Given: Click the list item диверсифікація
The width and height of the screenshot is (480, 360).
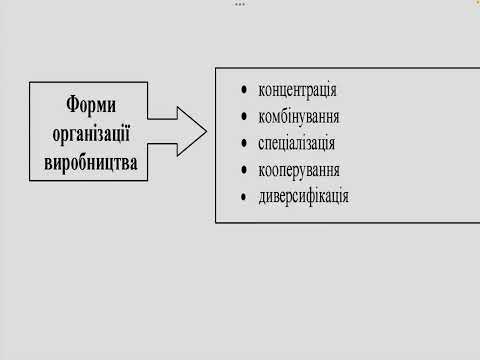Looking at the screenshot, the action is click(x=303, y=194).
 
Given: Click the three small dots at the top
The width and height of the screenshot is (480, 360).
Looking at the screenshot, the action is click(x=240, y=4).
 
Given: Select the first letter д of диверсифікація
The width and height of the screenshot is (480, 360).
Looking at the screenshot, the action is click(x=262, y=195).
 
